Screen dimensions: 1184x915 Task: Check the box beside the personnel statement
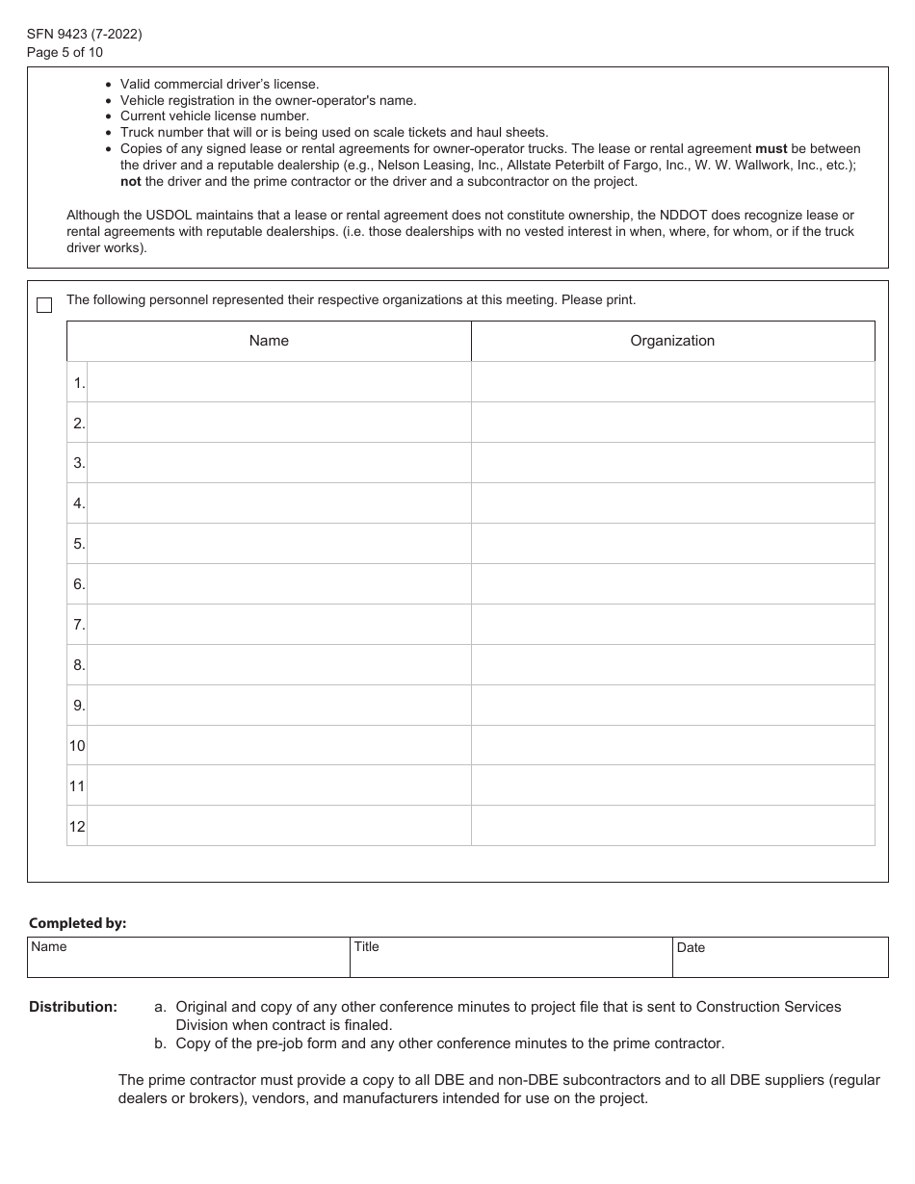point(44,305)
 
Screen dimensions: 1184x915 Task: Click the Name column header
point(269,341)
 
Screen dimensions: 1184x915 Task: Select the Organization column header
point(672,341)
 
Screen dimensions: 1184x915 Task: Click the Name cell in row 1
point(278,382)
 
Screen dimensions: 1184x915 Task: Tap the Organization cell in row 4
point(672,503)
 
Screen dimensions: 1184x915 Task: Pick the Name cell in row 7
point(278,625)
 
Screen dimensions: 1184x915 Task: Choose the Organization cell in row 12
point(672,826)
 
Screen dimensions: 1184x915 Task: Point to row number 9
point(78,706)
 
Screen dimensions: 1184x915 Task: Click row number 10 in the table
point(77,746)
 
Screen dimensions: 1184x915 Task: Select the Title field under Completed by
point(511,958)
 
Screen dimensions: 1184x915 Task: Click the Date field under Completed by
point(779,958)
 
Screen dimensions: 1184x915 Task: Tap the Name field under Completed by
point(188,958)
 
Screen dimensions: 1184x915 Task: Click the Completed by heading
point(78,923)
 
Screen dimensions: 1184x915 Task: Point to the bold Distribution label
point(73,1007)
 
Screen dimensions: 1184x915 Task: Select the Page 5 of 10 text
point(65,52)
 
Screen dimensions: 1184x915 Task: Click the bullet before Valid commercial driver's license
point(107,85)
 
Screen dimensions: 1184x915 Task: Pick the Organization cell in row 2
point(672,423)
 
